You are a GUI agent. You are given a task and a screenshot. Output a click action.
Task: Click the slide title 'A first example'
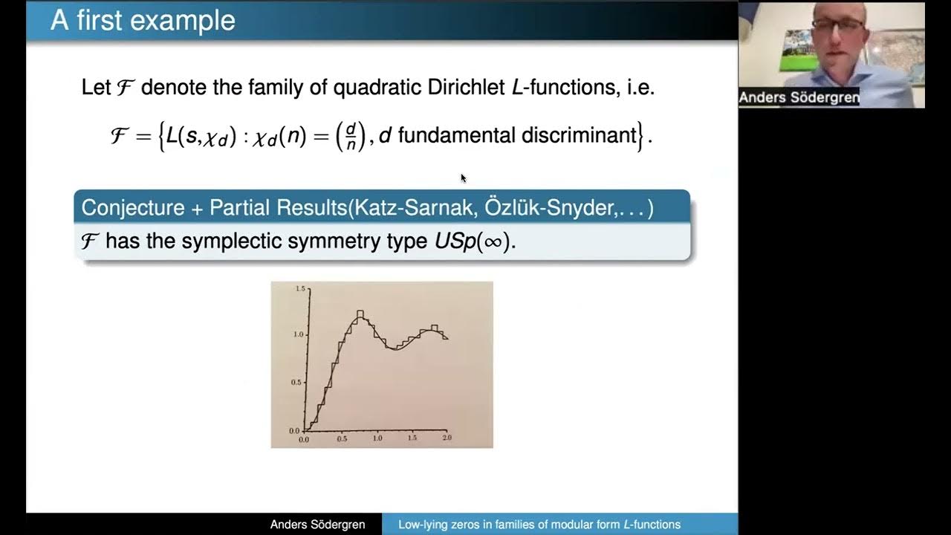pyautogui.click(x=143, y=20)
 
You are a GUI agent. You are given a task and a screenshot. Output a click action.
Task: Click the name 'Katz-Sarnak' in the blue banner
pyautogui.click(x=415, y=207)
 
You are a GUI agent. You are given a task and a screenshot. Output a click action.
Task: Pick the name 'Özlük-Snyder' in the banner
pyautogui.click(x=551, y=207)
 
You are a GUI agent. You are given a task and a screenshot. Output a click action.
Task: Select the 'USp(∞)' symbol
pyautogui.click(x=475, y=241)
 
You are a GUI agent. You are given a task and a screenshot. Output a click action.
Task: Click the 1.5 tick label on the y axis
pyautogui.click(x=299, y=288)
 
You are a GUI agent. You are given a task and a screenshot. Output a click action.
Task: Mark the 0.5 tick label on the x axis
pyautogui.click(x=342, y=438)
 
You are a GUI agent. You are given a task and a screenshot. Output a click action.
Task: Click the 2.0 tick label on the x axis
pyautogui.click(x=447, y=438)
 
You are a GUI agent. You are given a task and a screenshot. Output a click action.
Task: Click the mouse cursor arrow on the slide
pyautogui.click(x=463, y=178)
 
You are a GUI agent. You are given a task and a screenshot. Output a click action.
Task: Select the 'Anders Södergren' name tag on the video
pyautogui.click(x=799, y=97)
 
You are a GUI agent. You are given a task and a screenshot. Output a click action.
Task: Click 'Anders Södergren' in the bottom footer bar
pyautogui.click(x=317, y=525)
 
